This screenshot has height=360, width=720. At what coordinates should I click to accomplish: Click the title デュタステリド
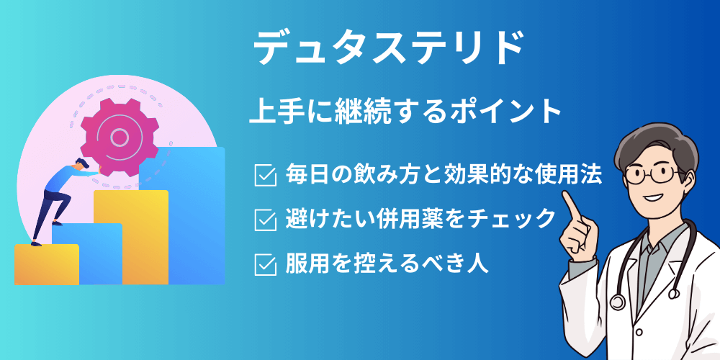[x=389, y=48]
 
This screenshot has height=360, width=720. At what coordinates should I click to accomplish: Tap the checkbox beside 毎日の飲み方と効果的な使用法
[x=266, y=176]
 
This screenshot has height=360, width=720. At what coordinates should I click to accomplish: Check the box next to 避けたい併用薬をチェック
[x=266, y=220]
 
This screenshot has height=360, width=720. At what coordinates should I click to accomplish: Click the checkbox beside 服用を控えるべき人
[x=266, y=264]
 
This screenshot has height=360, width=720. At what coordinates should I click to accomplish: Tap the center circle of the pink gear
[x=120, y=137]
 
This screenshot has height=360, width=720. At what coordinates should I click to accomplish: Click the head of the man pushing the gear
[x=81, y=163]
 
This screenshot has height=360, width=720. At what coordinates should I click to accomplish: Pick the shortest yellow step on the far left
[x=46, y=264]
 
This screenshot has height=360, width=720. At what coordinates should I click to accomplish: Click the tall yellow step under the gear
[x=131, y=238]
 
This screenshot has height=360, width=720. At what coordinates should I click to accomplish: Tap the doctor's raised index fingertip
[x=567, y=196]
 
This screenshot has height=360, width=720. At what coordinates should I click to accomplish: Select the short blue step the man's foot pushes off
[x=87, y=254]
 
